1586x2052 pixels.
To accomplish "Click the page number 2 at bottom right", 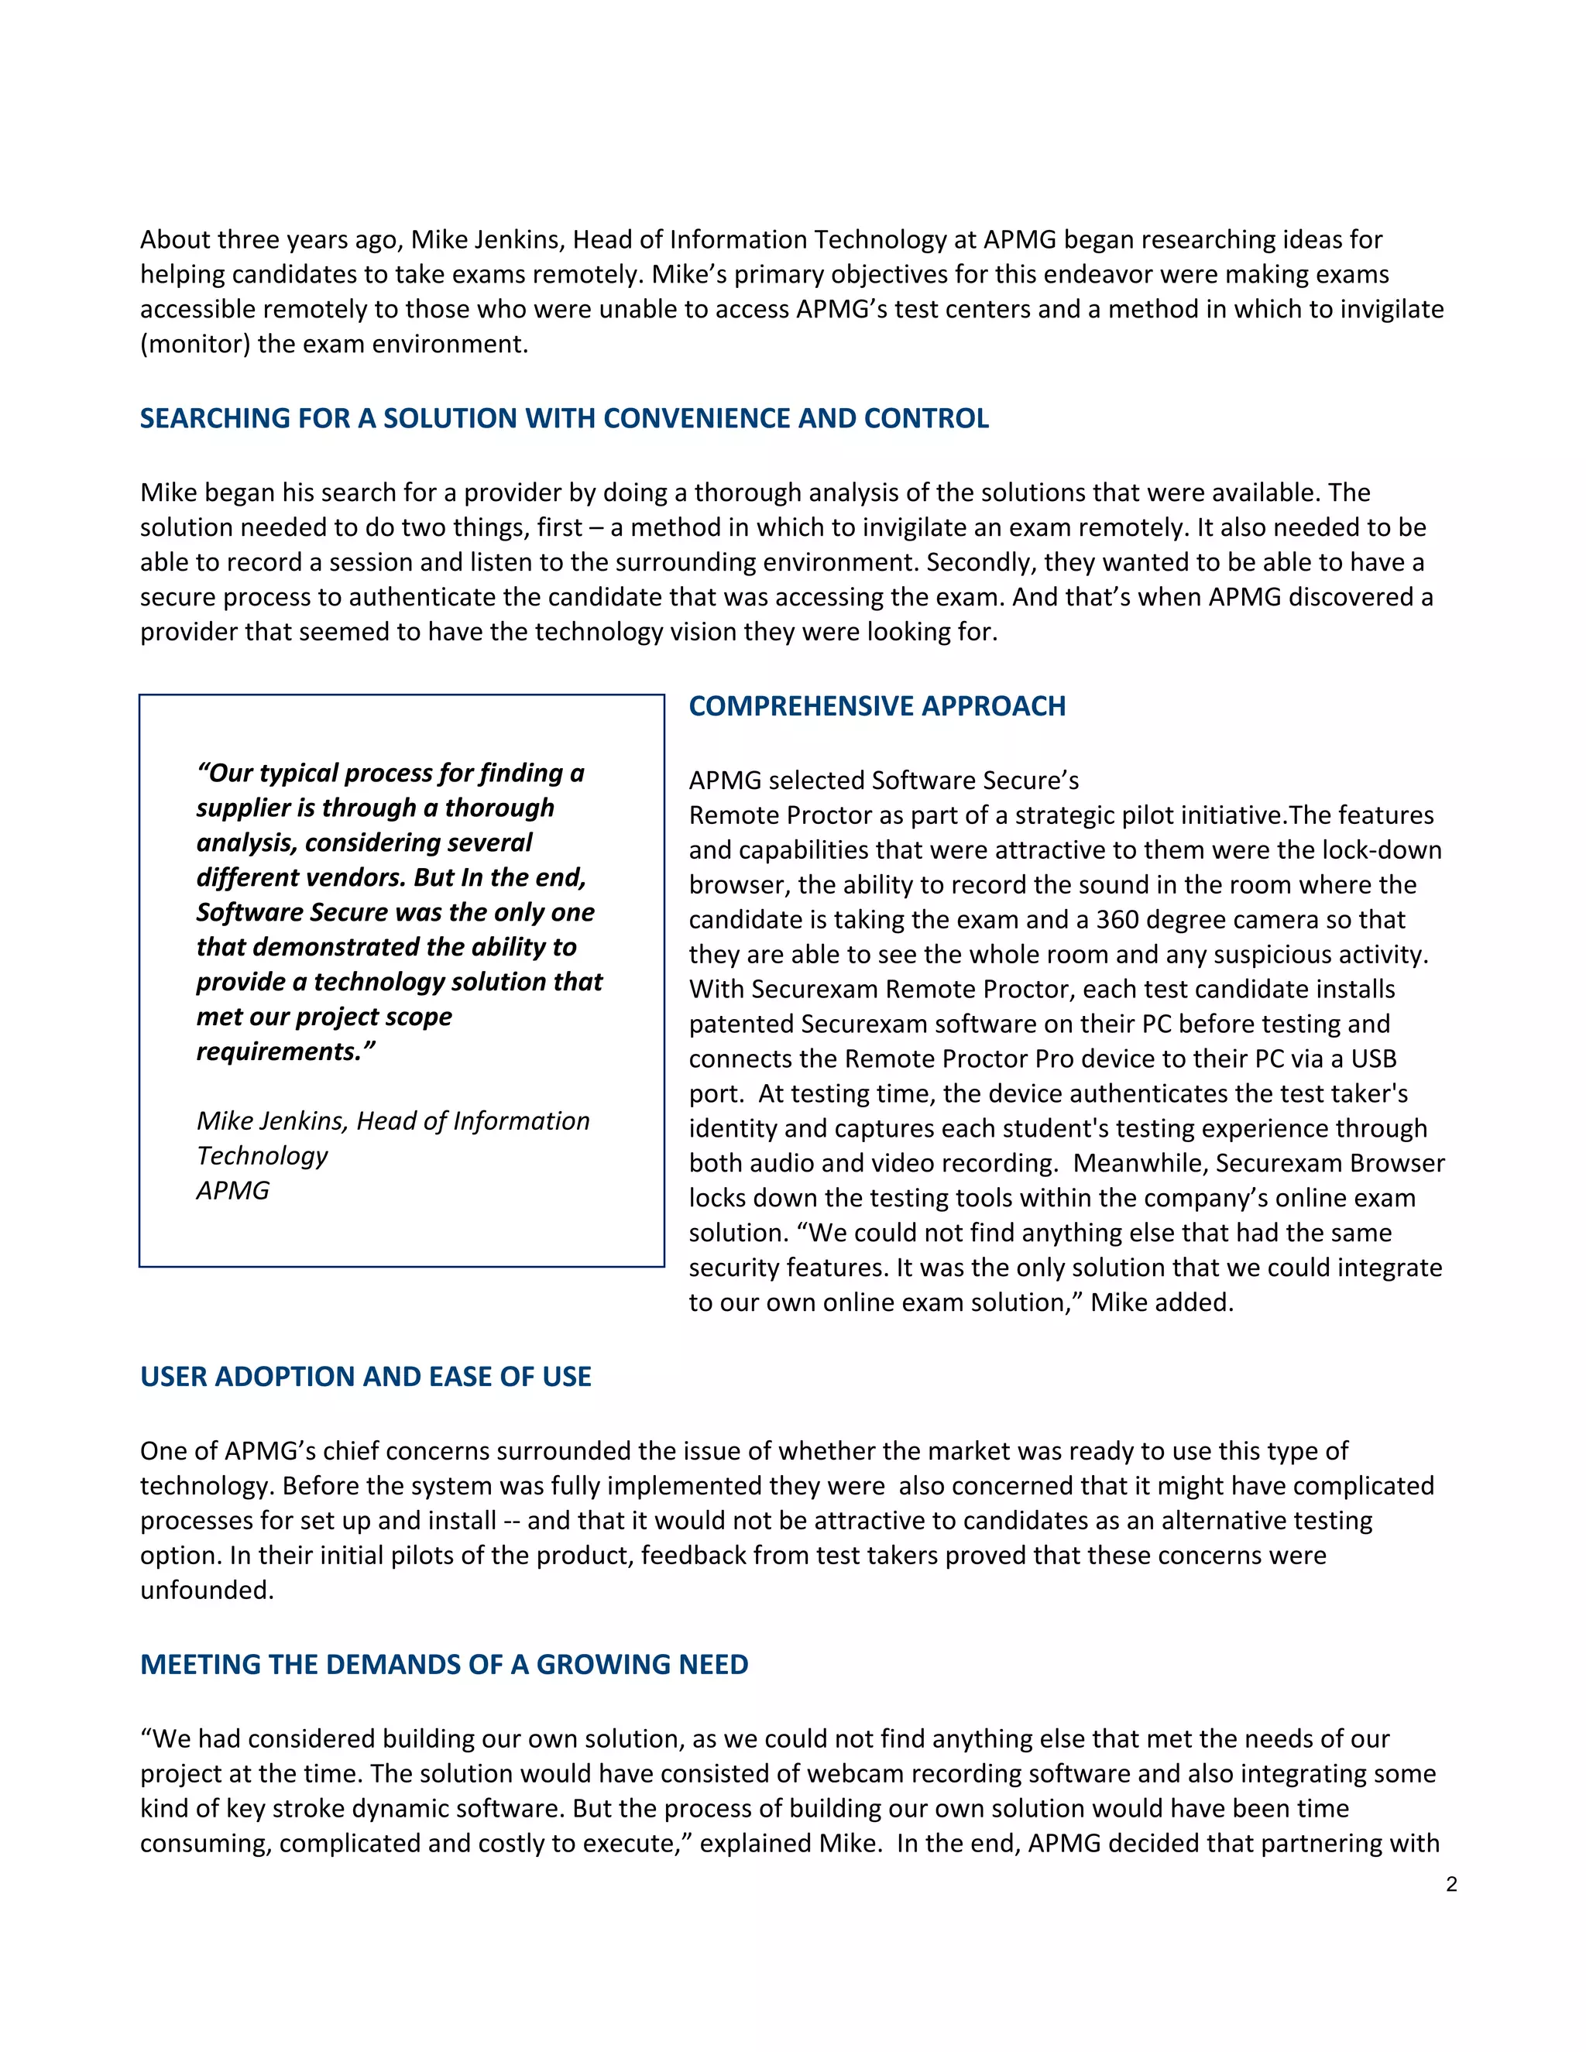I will coord(1452,1884).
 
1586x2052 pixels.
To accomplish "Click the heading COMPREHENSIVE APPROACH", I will coord(877,706).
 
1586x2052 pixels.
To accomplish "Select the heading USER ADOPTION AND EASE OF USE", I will coord(366,1377).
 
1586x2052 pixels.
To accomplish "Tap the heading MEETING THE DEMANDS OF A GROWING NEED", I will coord(444,1665).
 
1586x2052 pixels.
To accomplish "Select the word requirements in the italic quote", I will coord(279,1052).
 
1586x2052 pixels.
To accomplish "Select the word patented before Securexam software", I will coord(741,1024).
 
